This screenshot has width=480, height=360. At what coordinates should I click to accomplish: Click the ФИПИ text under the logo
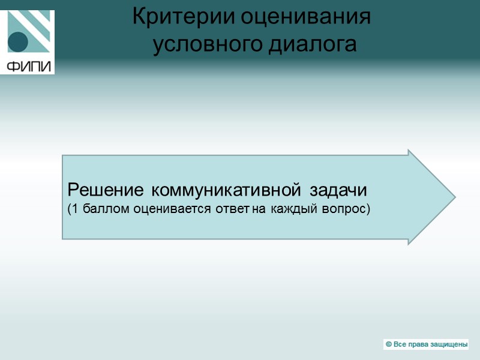(29, 66)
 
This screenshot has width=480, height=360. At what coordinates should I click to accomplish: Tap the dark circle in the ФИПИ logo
(19, 41)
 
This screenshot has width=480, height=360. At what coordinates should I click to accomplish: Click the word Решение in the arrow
(105, 191)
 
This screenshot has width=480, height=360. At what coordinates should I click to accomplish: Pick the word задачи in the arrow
(339, 191)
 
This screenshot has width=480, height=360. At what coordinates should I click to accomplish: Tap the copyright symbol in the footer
(389, 344)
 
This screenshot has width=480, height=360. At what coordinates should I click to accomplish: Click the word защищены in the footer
(446, 344)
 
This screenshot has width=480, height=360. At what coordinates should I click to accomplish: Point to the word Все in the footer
(399, 344)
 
